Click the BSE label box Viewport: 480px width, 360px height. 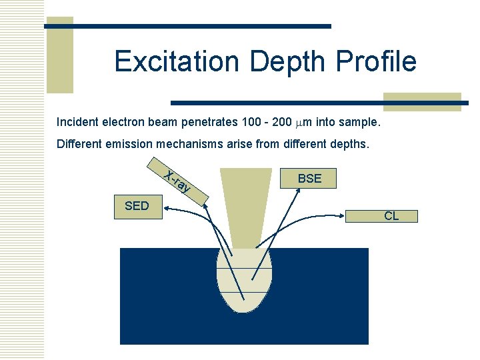(309, 179)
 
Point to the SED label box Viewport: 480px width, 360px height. (137, 206)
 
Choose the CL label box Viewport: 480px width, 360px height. (391, 216)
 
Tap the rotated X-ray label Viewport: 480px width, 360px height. (178, 182)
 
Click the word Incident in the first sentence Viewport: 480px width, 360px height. (77, 122)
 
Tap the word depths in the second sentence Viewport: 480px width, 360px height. (349, 143)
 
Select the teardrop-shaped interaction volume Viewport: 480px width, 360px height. (245, 280)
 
